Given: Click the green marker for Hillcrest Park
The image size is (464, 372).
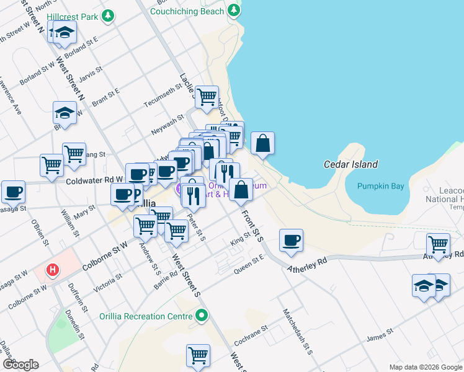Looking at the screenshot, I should (108, 15).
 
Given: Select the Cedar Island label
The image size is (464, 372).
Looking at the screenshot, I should (350, 164).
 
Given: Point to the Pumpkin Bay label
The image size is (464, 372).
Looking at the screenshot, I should (381, 186).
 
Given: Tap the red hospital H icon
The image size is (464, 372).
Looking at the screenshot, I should (53, 270).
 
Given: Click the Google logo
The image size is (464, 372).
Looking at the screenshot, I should (20, 365).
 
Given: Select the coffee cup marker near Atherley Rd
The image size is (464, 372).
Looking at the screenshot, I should (290, 241).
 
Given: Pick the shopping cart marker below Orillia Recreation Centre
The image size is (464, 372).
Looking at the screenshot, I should (198, 356).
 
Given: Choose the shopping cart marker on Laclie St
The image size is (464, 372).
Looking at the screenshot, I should (207, 97).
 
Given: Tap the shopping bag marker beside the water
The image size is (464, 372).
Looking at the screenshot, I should (262, 143).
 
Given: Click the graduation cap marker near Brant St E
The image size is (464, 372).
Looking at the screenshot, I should (65, 113).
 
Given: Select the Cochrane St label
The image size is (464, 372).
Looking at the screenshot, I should (251, 335).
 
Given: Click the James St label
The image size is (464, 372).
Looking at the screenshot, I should (378, 338).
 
